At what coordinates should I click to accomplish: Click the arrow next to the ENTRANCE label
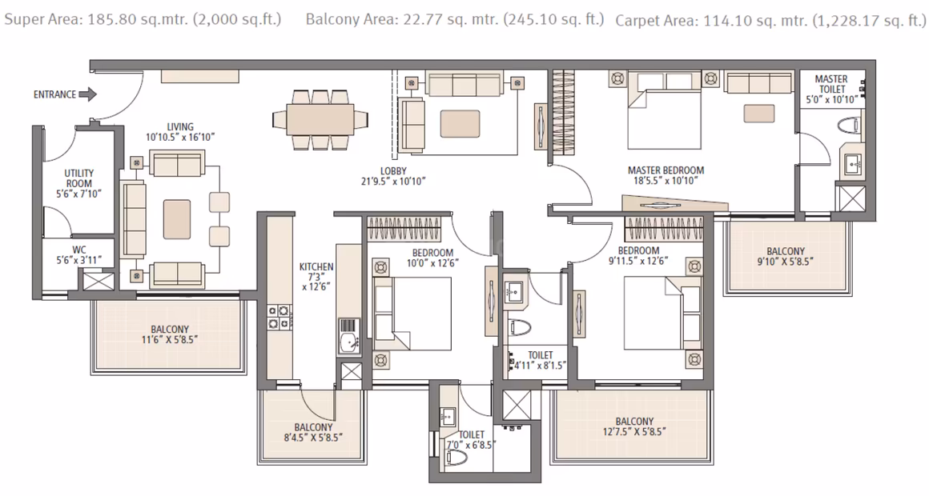pos(87,94)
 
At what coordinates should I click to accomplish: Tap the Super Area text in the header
pos(143,19)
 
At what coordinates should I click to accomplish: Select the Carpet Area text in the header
pos(770,21)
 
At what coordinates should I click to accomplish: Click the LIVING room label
pos(180,126)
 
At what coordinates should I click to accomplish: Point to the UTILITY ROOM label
pos(79,178)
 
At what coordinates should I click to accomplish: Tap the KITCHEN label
pos(316,267)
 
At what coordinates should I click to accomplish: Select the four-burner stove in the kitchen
pos(278,317)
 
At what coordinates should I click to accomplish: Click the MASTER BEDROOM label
pos(666,170)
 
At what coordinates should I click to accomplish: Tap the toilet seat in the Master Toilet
pos(851,126)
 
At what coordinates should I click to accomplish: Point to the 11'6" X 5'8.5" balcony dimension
pos(170,340)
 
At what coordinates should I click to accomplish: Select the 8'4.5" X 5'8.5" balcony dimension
pos(314,438)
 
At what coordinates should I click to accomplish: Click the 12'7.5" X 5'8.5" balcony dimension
pos(634,431)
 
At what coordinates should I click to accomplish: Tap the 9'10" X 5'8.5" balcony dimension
pos(786,261)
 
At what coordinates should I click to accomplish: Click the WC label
pos(79,250)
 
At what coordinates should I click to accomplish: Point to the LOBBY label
pos(393,172)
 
